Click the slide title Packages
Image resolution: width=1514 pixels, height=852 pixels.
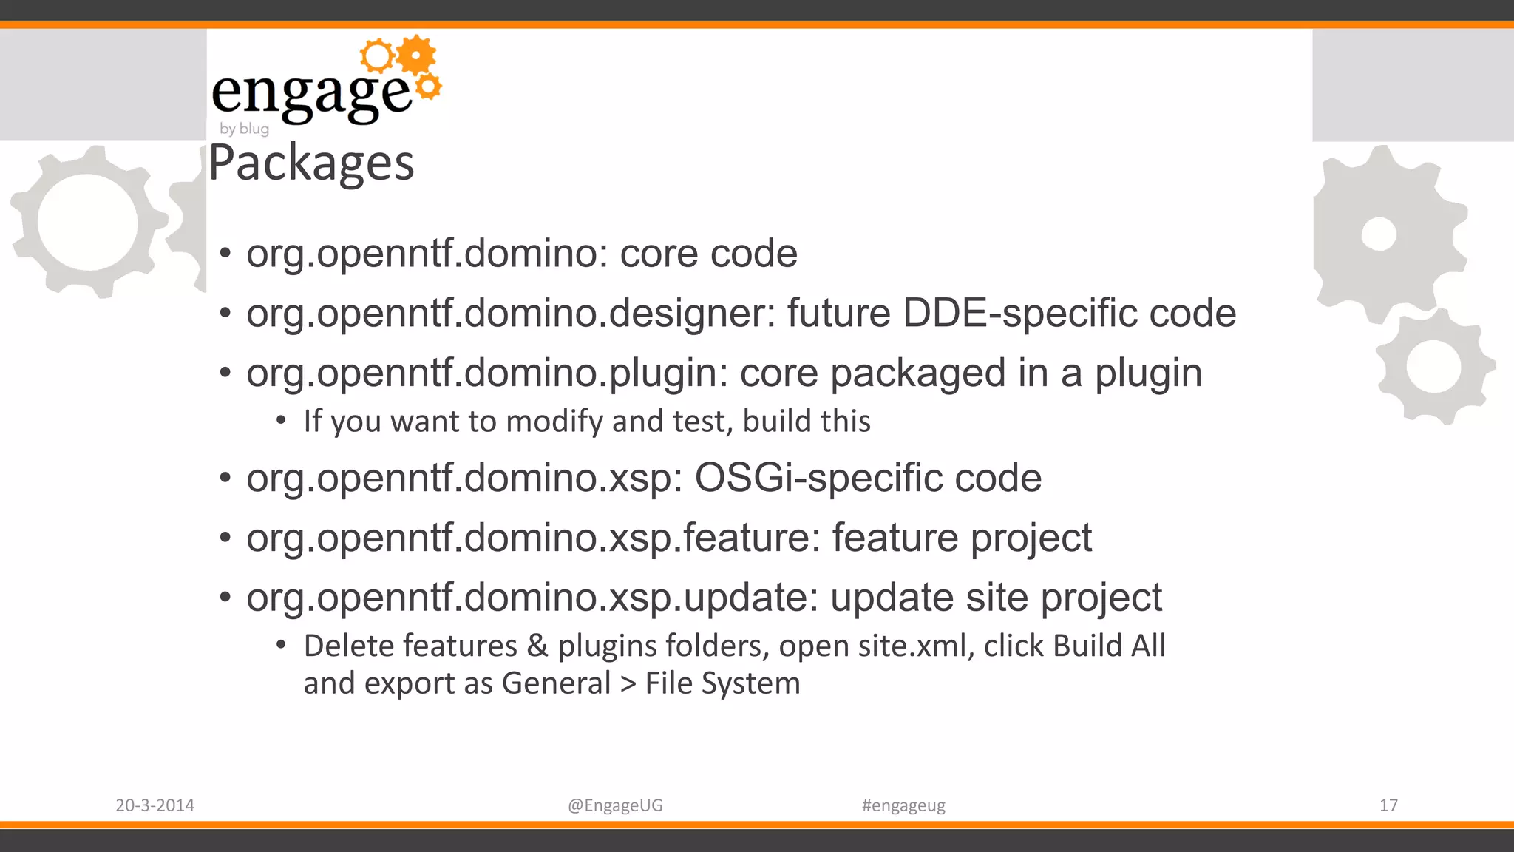[311, 163]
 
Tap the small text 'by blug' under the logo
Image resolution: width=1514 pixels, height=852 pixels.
[244, 129]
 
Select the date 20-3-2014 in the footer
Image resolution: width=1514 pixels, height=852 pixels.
[155, 805]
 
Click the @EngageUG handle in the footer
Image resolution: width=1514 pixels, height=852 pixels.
[615, 805]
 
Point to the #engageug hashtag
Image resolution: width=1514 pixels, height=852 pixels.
[903, 805]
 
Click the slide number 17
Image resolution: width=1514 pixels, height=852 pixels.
[1388, 805]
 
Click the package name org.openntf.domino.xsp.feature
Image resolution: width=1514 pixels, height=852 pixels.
[532, 538]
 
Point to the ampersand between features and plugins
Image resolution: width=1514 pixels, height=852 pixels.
[537, 646]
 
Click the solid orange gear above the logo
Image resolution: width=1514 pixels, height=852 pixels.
[417, 55]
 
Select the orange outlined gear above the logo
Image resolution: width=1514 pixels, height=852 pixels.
[377, 55]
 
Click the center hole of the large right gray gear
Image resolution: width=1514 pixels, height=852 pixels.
[1379, 235]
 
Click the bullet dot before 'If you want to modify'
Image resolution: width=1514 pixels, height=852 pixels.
[281, 421]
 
